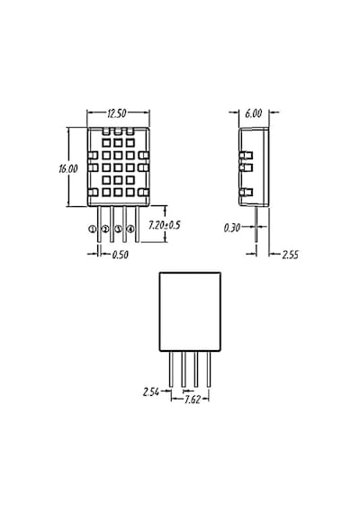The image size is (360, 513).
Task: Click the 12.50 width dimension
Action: click(x=117, y=113)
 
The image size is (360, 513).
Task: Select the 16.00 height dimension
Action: click(x=68, y=169)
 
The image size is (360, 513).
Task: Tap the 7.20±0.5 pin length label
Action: click(x=165, y=225)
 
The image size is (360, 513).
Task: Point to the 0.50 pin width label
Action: click(x=120, y=255)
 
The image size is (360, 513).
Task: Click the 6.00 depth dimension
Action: click(x=253, y=113)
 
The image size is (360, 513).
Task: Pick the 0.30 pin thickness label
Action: click(x=232, y=228)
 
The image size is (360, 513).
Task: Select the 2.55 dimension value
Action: click(x=291, y=255)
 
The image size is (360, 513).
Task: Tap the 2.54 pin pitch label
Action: click(x=151, y=391)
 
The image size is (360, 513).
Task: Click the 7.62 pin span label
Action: click(x=192, y=400)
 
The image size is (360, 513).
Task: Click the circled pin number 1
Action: click(x=93, y=229)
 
